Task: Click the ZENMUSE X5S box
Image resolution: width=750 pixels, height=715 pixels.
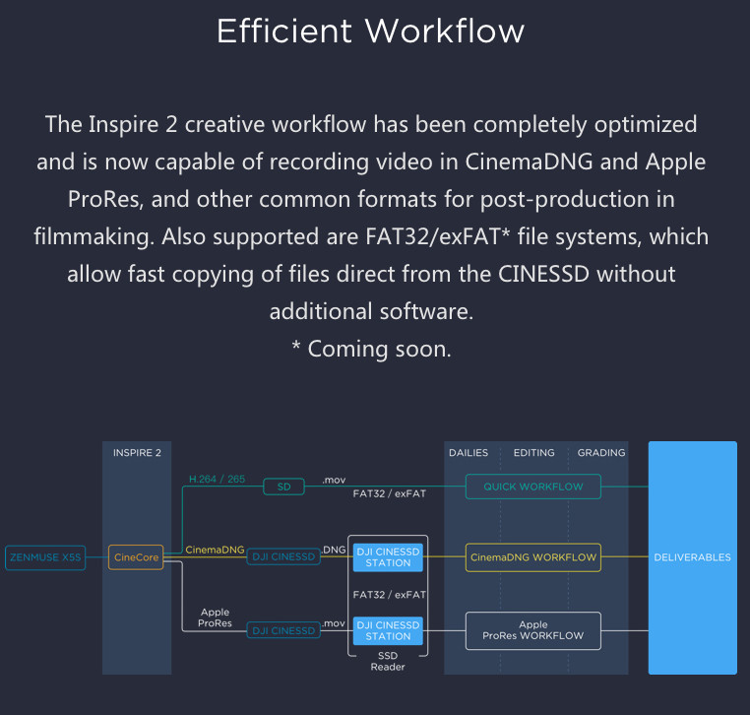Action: [45, 557]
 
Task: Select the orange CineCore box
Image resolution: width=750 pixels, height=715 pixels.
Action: [136, 557]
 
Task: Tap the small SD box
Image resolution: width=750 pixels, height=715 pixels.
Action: [283, 487]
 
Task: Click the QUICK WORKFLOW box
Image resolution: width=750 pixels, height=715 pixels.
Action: [532, 487]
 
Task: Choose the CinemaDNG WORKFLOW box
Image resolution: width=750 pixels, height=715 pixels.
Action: [532, 557]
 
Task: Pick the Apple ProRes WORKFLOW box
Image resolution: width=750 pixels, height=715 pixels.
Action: [532, 630]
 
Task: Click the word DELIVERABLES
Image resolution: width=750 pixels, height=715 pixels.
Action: [692, 557]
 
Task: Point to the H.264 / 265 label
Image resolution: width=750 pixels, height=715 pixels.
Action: [217, 479]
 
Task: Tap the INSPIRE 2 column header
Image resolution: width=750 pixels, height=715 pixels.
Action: [137, 453]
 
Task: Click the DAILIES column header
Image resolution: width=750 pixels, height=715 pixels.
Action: [469, 453]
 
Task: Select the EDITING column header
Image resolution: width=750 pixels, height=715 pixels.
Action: [533, 453]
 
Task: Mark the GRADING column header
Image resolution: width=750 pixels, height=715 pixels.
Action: [601, 453]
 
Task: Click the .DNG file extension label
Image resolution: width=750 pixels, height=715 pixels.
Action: [334, 550]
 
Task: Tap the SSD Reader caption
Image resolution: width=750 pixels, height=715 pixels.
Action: [388, 662]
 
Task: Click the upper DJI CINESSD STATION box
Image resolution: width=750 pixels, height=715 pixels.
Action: [388, 557]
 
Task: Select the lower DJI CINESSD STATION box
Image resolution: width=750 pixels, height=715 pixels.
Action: [388, 630]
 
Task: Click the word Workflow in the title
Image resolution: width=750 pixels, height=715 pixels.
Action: [445, 32]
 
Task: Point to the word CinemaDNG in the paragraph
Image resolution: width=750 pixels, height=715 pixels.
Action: [529, 162]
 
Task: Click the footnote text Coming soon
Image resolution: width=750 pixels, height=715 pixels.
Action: [379, 349]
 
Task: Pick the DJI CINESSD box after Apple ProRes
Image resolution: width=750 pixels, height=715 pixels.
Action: [283, 630]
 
